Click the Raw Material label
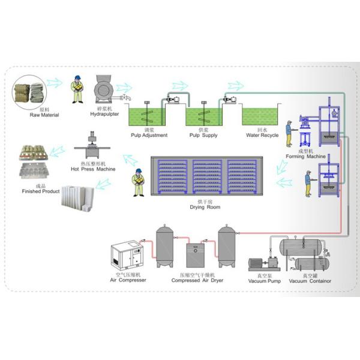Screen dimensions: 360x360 pyautogui.click(x=44, y=113)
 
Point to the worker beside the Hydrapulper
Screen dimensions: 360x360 pyautogui.click(x=77, y=90)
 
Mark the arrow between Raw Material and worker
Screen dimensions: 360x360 pyautogui.click(x=55, y=82)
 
